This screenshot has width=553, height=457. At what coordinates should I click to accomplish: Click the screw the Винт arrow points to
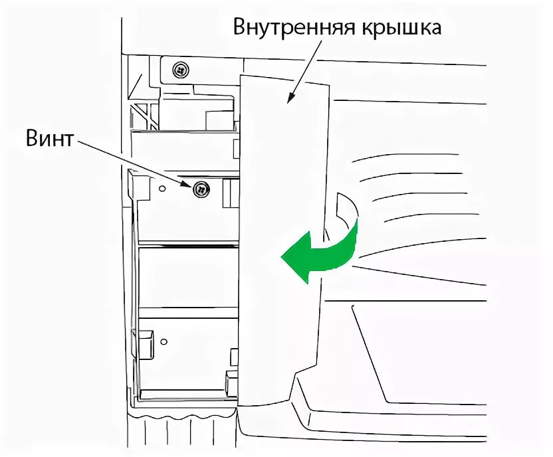200,190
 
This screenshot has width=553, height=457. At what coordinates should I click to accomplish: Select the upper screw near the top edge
179,69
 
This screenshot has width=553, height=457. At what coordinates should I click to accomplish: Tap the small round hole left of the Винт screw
161,189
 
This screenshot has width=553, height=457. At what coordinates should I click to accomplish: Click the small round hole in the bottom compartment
164,341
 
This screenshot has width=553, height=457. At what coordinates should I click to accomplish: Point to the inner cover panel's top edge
286,81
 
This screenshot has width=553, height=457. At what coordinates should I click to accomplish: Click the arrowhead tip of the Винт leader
191,185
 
